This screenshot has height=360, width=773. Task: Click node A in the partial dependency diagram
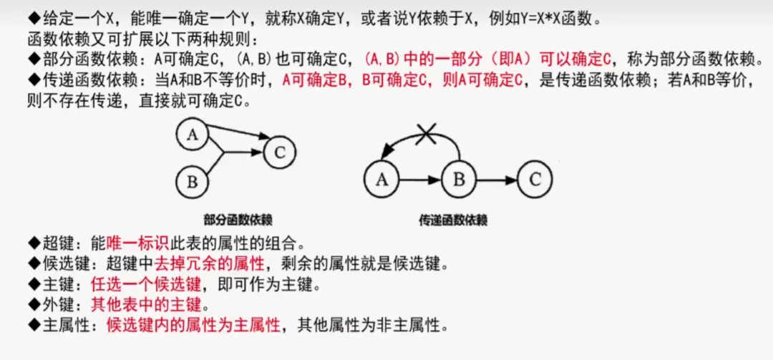tap(191, 135)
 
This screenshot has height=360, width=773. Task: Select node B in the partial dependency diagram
tap(192, 181)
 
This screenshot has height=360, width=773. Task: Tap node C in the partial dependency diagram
tap(280, 152)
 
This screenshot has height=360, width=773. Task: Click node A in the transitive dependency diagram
tap(381, 179)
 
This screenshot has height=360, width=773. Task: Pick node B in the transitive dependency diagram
tap(459, 179)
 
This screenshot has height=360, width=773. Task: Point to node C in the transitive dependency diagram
tap(535, 179)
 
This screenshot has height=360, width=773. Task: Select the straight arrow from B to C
tap(497, 179)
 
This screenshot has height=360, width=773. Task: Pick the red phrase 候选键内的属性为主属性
tap(193, 326)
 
